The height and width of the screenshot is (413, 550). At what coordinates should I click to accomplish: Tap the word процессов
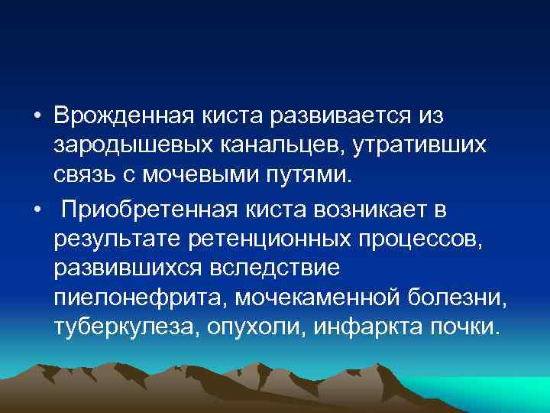pyautogui.click(x=425, y=238)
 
